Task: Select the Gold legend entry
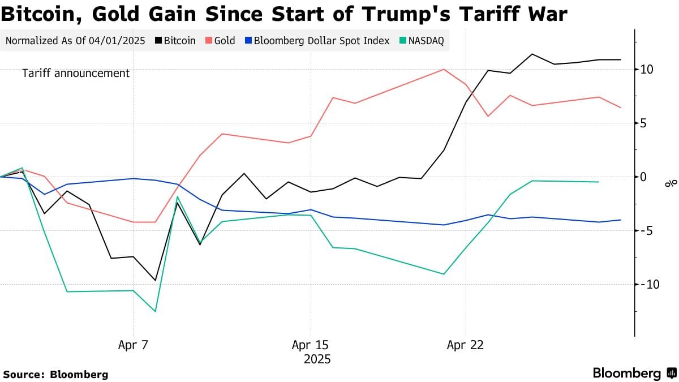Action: [220, 41]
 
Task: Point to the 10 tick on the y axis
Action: [647, 70]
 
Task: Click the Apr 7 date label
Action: [134, 345]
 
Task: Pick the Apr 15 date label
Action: [310, 345]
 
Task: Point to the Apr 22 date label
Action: [465, 345]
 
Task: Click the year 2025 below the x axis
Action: [317, 359]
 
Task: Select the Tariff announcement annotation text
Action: [76, 73]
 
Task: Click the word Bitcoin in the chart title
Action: [42, 14]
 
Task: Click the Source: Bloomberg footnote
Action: [55, 374]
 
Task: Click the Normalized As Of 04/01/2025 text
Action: [75, 41]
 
